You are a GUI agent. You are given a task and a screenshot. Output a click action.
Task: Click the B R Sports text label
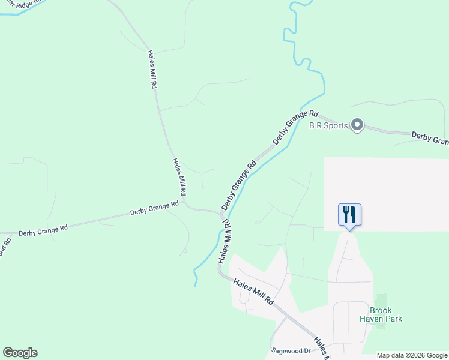point(328,126)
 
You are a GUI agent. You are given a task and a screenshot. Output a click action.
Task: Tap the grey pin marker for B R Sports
point(357,125)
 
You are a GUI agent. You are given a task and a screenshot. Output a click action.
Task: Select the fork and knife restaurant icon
point(349,215)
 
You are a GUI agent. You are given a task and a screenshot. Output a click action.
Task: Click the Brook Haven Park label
point(381,314)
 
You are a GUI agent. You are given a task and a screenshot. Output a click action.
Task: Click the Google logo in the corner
point(20,353)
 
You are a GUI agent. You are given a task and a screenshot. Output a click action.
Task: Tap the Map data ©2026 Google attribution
point(412,355)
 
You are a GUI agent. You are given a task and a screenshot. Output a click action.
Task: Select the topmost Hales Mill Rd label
point(152,69)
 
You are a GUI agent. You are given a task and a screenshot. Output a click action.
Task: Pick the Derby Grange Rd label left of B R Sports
point(295,127)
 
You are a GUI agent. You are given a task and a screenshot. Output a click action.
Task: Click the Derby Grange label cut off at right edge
point(430,139)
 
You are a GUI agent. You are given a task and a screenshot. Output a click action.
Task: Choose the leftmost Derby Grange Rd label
point(43,229)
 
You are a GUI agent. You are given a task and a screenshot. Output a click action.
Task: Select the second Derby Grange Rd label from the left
point(155,208)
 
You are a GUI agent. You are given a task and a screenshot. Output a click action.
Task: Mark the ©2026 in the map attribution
point(410,355)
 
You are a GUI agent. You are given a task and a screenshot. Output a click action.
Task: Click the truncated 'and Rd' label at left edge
point(5,247)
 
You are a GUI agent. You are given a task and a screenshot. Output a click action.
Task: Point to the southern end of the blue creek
point(196,284)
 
